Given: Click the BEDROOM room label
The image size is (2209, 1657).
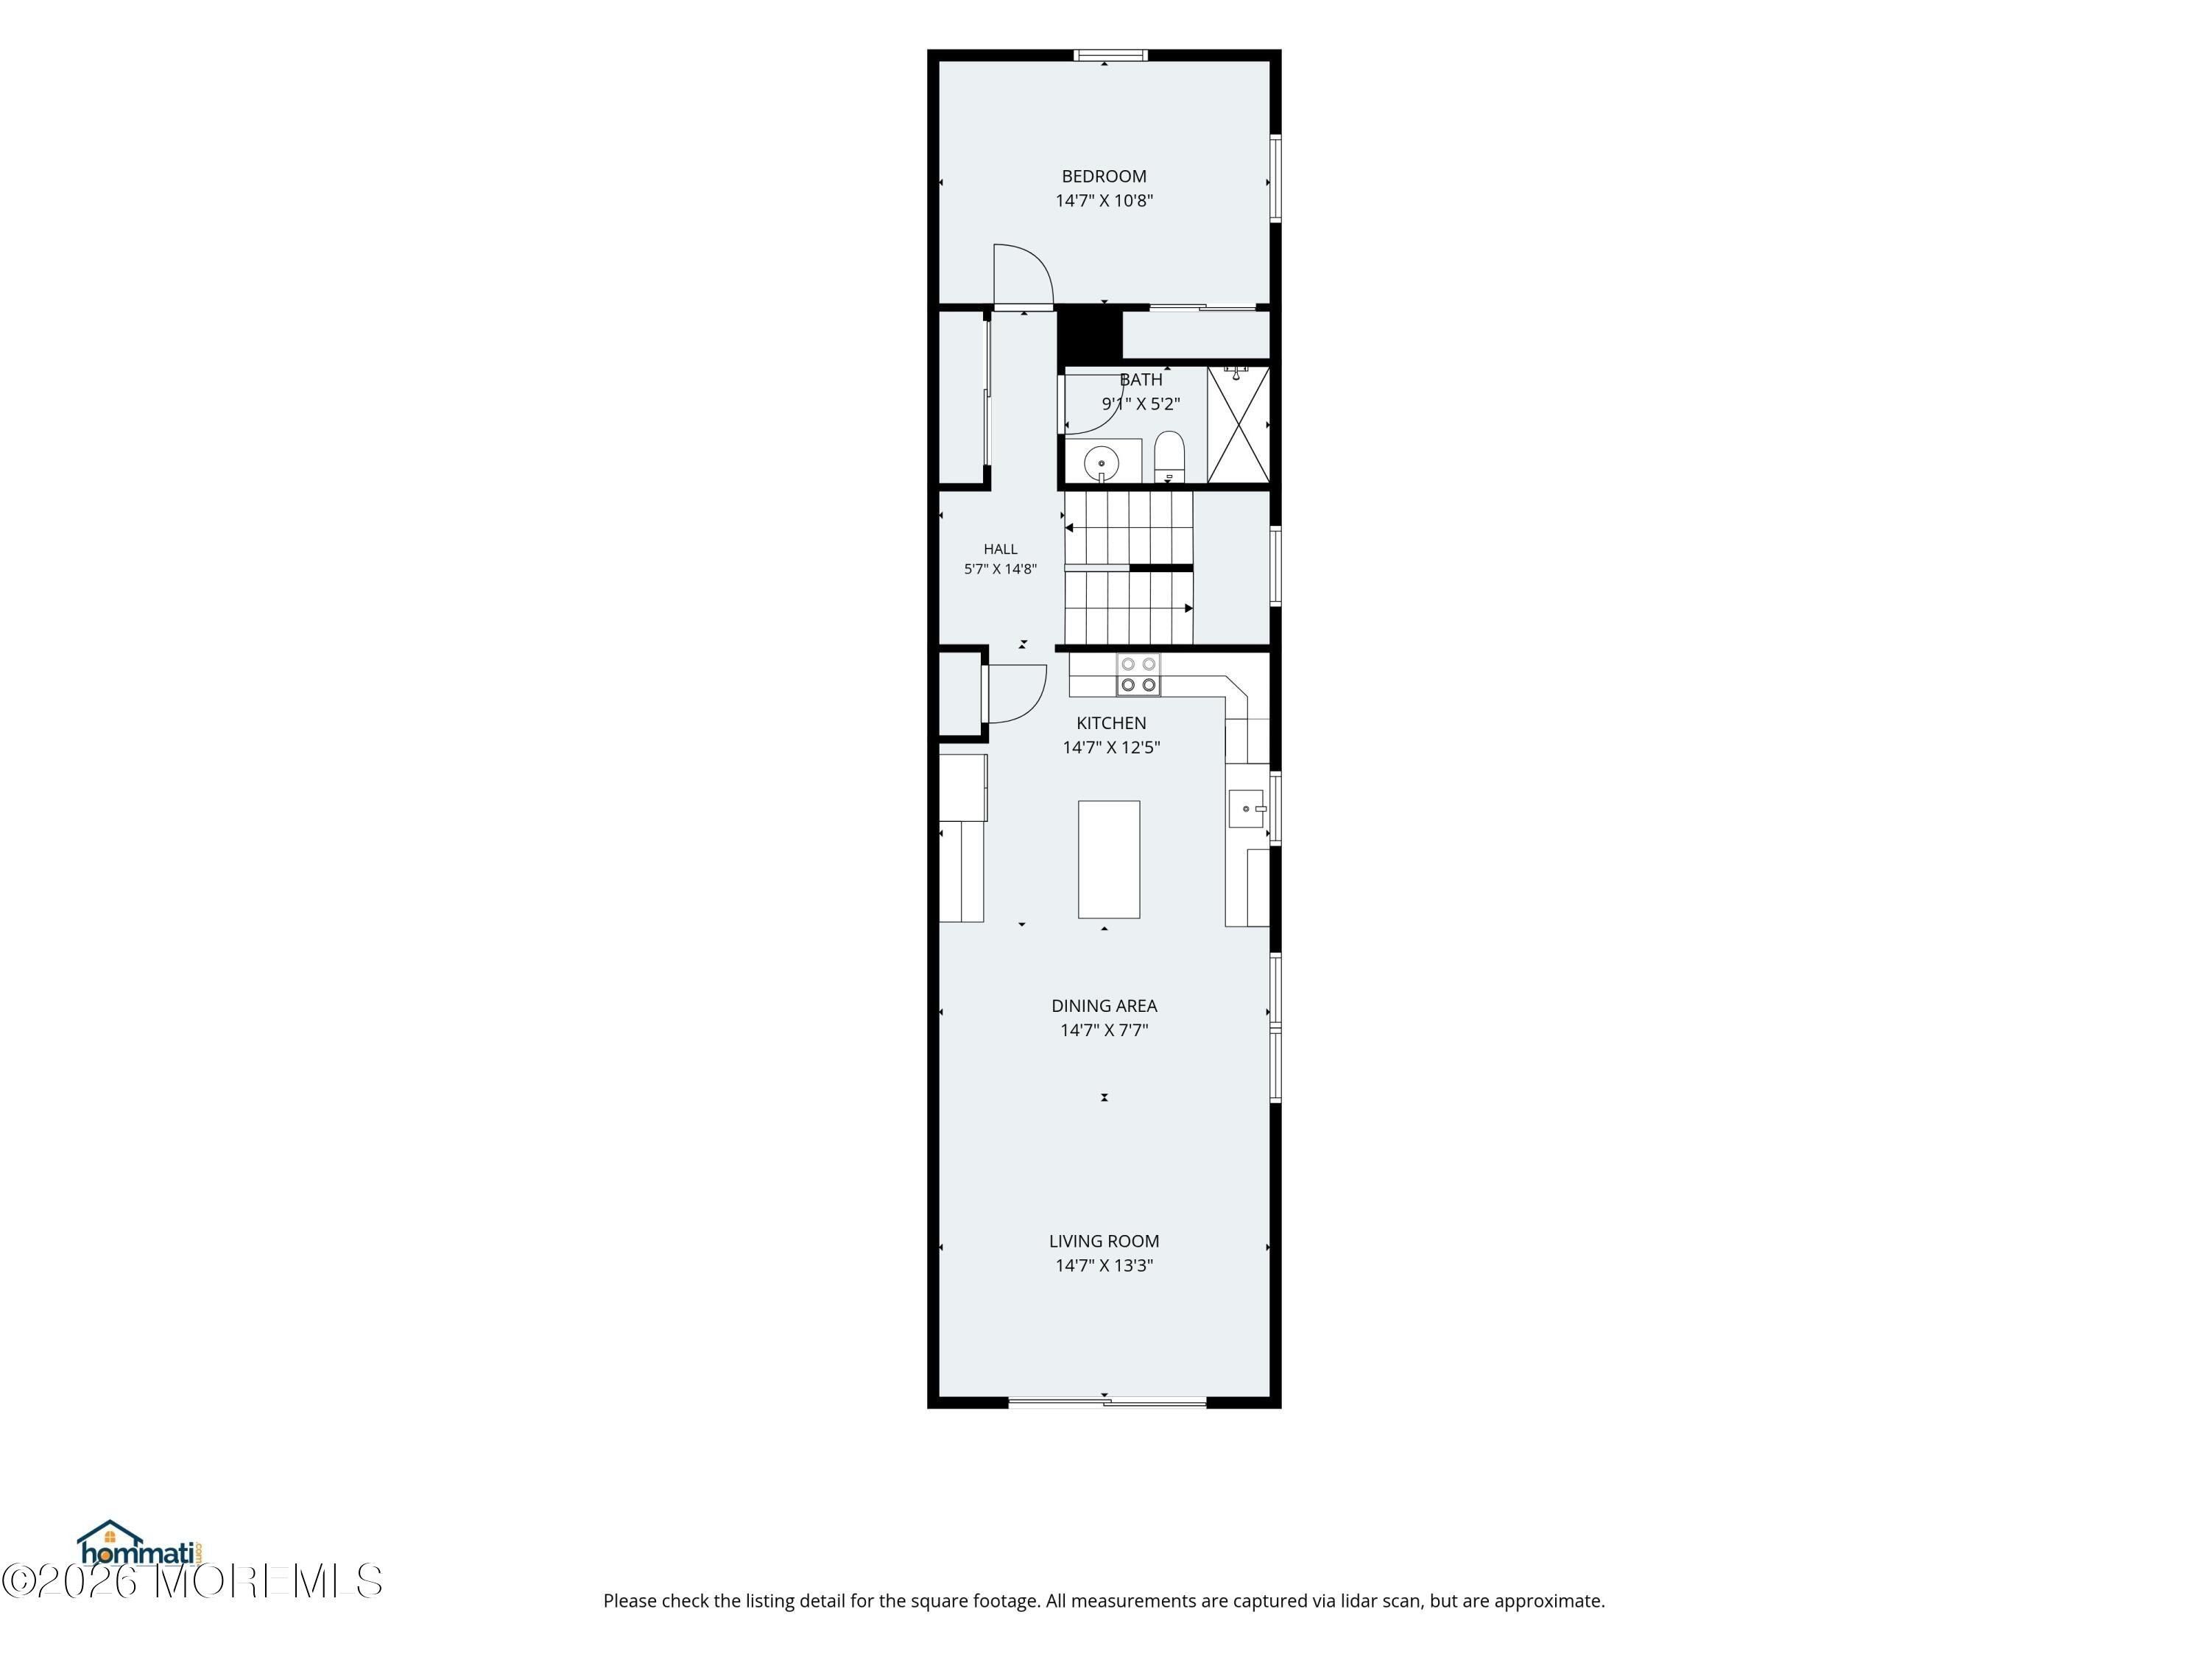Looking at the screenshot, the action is (1104, 177).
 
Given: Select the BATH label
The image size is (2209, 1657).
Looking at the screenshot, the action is (1141, 379).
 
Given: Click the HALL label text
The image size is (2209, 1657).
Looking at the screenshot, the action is (1000, 549).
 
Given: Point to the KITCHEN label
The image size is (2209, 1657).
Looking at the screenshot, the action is (1110, 723).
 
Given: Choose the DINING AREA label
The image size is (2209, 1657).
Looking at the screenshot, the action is (1104, 1006).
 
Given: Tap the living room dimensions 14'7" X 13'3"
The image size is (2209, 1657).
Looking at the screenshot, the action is (1104, 1265).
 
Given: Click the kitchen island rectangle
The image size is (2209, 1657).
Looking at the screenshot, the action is (1108, 859).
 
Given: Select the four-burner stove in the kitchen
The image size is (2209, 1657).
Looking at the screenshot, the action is (1138, 675).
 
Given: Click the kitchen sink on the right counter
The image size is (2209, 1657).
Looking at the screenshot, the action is (1247, 808).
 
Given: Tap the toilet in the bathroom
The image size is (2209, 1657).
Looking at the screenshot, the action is (1169, 457).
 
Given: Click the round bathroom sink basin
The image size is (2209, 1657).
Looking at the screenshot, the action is (1102, 462).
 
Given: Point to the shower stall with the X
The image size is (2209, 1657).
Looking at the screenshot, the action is (1239, 426).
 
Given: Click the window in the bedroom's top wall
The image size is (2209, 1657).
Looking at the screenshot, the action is (1110, 55).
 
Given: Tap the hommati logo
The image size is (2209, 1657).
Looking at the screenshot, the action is (140, 1544).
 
